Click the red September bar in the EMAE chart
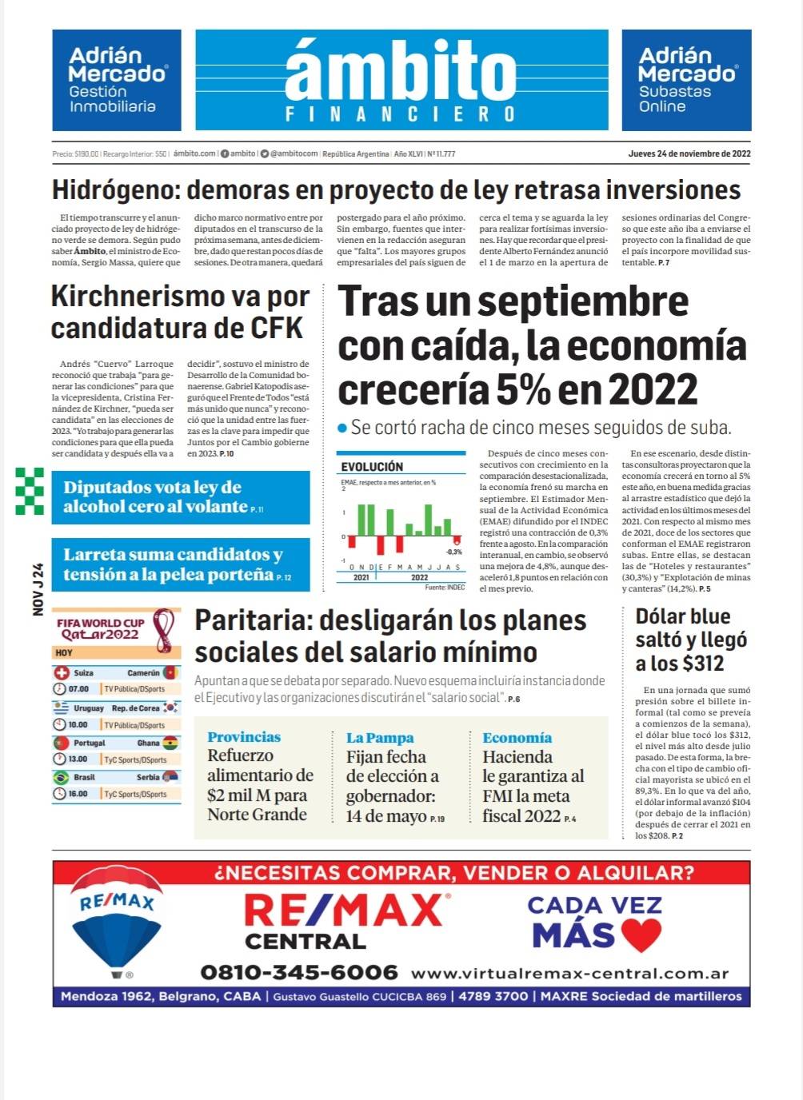click(x=457, y=540)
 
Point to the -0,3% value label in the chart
click(x=453, y=552)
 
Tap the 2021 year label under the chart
click(x=362, y=577)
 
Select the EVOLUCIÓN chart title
click(x=372, y=467)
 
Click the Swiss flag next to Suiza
click(x=62, y=673)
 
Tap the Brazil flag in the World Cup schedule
click(x=61, y=777)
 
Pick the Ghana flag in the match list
click(x=170, y=743)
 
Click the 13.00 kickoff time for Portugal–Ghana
click(x=78, y=759)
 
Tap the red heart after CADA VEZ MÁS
click(x=641, y=935)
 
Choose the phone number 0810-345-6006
click(x=298, y=972)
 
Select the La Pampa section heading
click(x=380, y=738)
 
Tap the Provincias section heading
click(x=244, y=737)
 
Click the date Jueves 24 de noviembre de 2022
click(x=689, y=153)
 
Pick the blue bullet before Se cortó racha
click(x=342, y=428)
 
